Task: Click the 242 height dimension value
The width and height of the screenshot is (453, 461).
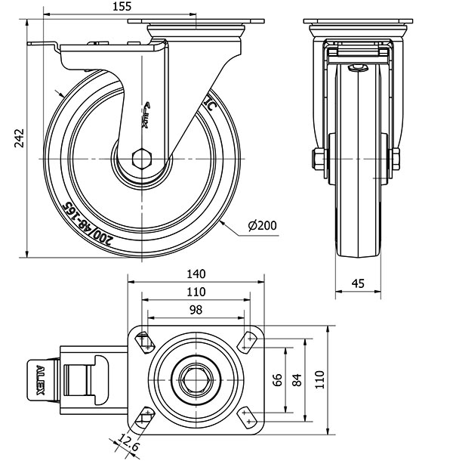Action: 20,137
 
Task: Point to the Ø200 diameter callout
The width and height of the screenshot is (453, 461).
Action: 262,225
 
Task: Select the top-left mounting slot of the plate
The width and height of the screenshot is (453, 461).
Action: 143,340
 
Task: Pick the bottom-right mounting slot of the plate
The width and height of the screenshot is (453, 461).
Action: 248,414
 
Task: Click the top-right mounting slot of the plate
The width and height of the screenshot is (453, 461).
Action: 248,340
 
